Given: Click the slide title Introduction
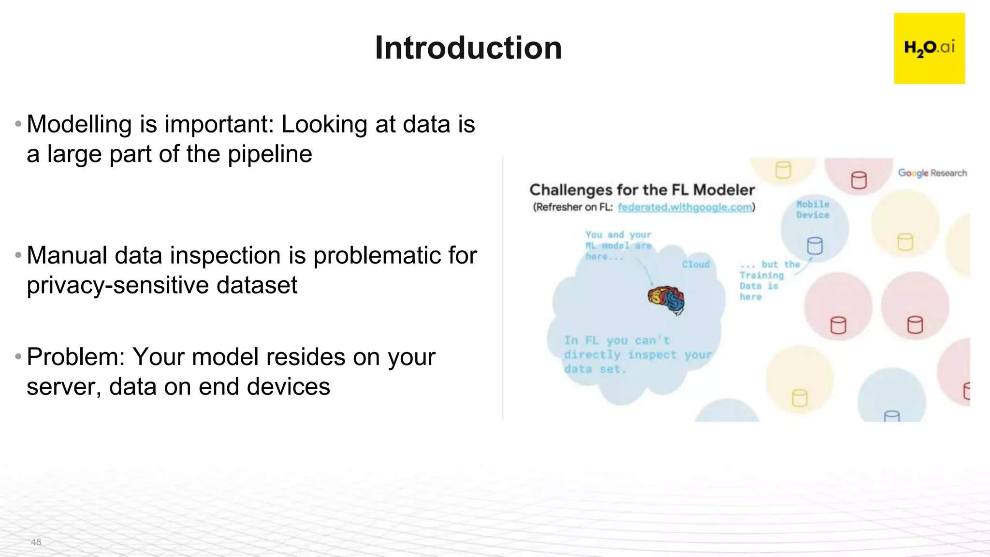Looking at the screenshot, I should click(x=468, y=48).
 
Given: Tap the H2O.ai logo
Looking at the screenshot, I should click(x=929, y=48).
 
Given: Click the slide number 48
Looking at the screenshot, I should click(x=36, y=542).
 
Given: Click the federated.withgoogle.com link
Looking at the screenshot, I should click(x=685, y=207).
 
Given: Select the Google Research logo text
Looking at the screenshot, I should click(x=932, y=173).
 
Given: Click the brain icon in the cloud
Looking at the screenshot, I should click(x=667, y=299).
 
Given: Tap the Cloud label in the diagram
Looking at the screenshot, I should click(x=696, y=264).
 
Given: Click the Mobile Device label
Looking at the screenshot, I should click(x=813, y=210).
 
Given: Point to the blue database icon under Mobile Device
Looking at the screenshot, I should click(x=815, y=246).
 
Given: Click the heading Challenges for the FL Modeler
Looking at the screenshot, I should click(x=642, y=190).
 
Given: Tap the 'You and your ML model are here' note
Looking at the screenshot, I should click(x=618, y=246).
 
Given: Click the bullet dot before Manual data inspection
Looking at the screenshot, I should click(x=18, y=255).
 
